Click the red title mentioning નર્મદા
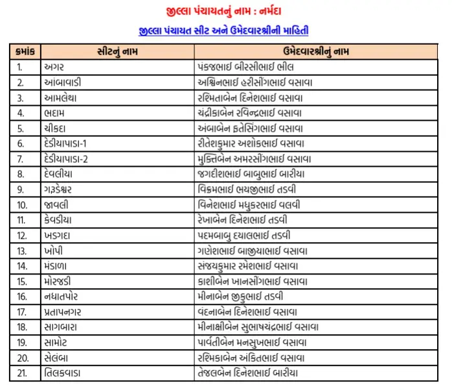(227, 11)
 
